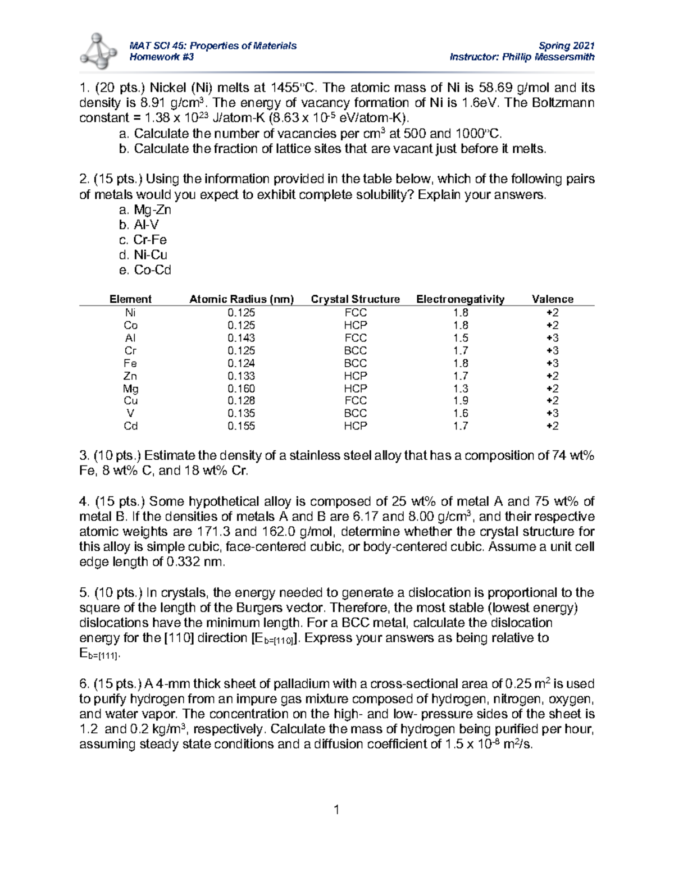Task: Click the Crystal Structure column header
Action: tap(355, 299)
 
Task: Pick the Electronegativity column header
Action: tap(460, 299)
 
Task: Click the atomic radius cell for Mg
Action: tap(241, 389)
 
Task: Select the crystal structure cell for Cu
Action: tap(355, 401)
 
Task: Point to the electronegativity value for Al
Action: tap(461, 338)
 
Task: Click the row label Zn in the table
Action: tap(130, 376)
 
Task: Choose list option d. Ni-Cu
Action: tap(143, 255)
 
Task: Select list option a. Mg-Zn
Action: tap(145, 210)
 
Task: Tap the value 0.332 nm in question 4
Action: tap(195, 562)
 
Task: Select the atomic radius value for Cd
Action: tap(241, 426)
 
